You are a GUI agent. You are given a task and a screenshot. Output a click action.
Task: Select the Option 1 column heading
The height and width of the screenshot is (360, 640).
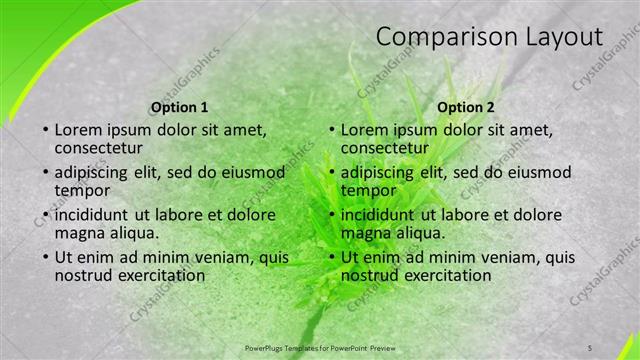(x=179, y=107)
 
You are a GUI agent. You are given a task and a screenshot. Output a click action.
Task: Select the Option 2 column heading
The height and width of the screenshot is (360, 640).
(x=466, y=107)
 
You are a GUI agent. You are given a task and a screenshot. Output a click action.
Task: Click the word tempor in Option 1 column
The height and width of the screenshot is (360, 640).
(x=82, y=190)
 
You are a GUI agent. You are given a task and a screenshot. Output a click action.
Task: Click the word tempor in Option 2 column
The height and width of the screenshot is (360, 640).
(x=368, y=190)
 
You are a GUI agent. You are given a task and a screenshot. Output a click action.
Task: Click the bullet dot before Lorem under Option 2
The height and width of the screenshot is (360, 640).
(x=331, y=131)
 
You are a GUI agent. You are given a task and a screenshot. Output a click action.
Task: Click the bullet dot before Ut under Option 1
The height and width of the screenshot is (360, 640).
(x=45, y=258)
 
